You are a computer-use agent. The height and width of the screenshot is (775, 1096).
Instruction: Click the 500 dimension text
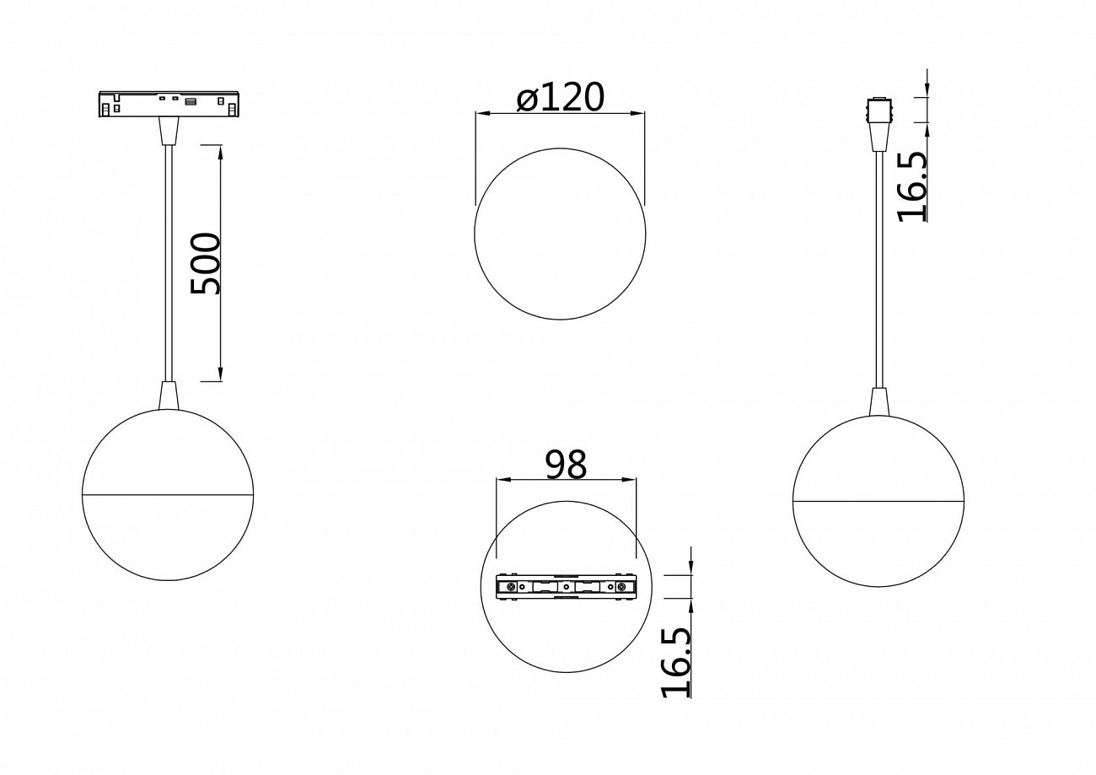pyautogui.click(x=206, y=264)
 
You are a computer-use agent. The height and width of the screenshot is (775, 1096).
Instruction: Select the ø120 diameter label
pyautogui.click(x=561, y=99)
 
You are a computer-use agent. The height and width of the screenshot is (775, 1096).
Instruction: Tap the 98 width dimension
pyautogui.click(x=566, y=465)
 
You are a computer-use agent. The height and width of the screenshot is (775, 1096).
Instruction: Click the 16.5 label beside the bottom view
pyautogui.click(x=677, y=663)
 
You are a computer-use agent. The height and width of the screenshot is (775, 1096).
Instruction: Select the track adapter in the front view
pyautogui.click(x=169, y=105)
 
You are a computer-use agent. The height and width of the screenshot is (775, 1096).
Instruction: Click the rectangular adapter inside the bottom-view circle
pyautogui.click(x=566, y=587)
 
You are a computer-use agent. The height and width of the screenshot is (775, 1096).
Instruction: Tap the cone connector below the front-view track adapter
pyautogui.click(x=169, y=131)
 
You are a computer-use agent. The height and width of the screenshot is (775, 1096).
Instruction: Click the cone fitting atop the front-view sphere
pyautogui.click(x=169, y=396)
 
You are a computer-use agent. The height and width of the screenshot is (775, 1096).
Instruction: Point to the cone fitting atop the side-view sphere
pyautogui.click(x=878, y=401)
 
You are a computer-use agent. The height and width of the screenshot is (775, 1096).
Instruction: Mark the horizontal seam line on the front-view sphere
pyautogui.click(x=168, y=493)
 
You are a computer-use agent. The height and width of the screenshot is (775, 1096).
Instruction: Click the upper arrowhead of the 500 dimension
pyautogui.click(x=220, y=152)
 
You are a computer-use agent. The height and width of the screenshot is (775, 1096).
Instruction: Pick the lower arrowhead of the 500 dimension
pyautogui.click(x=220, y=374)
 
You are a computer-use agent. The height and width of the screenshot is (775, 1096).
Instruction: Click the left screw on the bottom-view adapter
pyautogui.click(x=511, y=587)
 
